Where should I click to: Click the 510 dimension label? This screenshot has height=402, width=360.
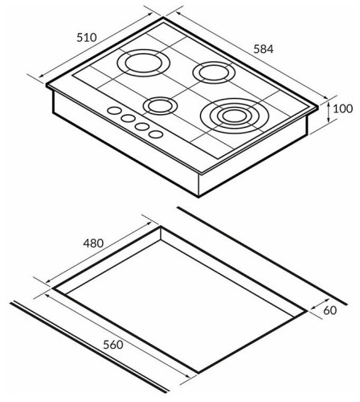87,38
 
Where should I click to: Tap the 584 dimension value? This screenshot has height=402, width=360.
264,49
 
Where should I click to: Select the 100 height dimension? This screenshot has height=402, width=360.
342,109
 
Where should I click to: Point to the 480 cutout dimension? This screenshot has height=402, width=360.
93,243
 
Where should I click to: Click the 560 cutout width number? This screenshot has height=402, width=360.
113,345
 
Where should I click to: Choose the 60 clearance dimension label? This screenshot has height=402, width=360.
329,310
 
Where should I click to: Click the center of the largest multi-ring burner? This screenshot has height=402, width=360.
235,116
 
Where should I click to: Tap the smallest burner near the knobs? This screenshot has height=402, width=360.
160,106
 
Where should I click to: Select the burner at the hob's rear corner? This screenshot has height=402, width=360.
214,72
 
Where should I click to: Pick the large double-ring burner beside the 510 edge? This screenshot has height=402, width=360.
144,63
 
